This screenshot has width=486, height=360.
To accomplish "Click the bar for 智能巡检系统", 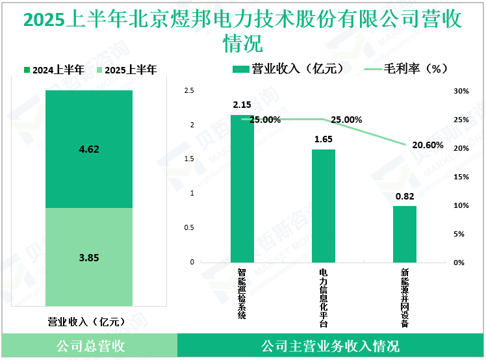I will coord(242,188).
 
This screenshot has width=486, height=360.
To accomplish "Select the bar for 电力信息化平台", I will coord(324,206).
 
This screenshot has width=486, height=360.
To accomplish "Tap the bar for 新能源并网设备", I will coord(405,234).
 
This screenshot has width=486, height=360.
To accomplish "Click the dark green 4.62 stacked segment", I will coord(89,149).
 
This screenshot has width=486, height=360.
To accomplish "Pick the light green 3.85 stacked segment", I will coord(89,257).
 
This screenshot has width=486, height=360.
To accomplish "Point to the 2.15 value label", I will coord(242,105).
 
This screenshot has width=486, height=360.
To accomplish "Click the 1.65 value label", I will coord(324,139).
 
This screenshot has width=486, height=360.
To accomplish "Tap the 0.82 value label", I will coord(405,196).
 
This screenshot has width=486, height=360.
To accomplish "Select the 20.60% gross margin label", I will coord(428,145).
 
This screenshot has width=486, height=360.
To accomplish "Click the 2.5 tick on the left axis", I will coord(189,92).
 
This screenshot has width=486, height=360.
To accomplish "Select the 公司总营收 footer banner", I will coord(89,346).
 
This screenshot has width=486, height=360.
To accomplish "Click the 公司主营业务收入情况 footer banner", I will coord(330,346).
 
